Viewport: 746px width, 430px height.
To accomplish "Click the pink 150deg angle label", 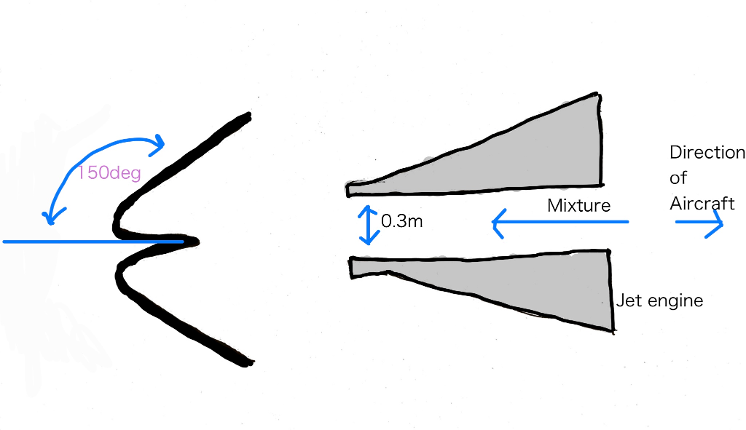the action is [109, 172].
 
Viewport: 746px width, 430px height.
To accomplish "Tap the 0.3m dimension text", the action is [402, 221].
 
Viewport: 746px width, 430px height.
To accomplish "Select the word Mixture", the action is [578, 205].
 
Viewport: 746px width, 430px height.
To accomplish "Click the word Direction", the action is [707, 152].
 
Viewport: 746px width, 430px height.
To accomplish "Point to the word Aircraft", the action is [702, 204].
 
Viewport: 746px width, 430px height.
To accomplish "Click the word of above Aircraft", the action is [678, 178].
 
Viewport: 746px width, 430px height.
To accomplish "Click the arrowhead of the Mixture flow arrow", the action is [497, 223].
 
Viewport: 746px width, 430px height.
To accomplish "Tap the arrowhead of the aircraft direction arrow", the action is [715, 223].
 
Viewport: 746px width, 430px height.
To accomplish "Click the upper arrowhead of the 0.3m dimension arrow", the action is [367, 210].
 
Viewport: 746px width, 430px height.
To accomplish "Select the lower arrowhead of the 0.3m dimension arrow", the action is [368, 239].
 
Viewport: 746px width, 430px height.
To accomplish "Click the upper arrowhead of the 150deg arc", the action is [158, 144].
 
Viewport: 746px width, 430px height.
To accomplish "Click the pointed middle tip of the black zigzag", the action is [197, 242].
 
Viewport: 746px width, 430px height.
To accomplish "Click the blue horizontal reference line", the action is [93, 242].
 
